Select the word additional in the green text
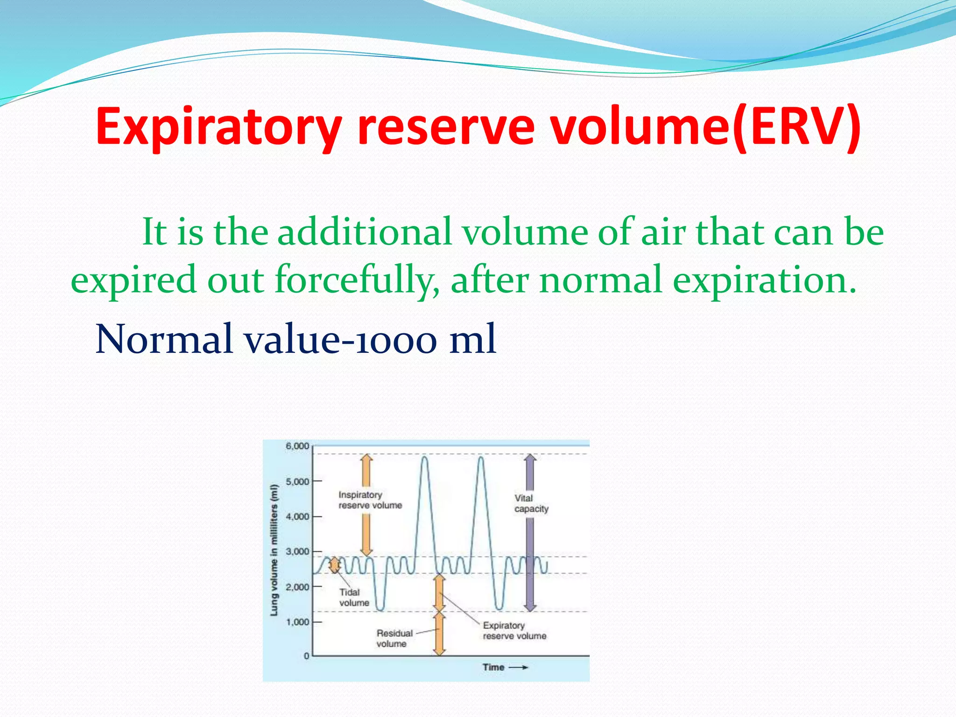364,232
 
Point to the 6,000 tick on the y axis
297,446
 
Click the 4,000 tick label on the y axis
297,517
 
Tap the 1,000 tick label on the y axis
297,622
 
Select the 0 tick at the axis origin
307,656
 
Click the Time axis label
493,668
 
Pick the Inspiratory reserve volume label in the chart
370,500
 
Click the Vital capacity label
531,504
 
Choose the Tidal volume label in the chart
353,597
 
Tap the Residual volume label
394,639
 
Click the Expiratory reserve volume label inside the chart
514,631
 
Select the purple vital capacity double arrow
529,532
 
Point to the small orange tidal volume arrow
334,565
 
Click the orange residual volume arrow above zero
439,634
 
